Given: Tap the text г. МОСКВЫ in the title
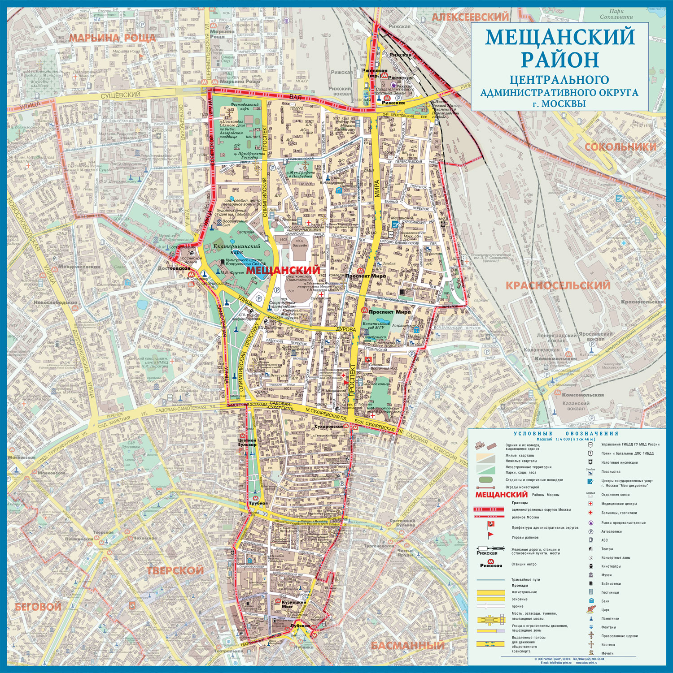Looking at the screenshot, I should click(559, 104).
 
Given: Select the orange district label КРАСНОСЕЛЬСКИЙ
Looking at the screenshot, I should click(558, 285).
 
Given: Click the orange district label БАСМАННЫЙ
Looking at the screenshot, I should click(407, 645).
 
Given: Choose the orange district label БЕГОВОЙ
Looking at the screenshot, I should click(38, 607).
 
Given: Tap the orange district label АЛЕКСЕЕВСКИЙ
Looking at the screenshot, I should click(471, 17).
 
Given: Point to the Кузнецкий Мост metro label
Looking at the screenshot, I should click(294, 604).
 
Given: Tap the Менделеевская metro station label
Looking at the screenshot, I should click(79, 267).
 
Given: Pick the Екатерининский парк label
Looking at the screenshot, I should click(237, 249).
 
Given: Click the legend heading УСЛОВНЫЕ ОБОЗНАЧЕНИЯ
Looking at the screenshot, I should click(566, 433).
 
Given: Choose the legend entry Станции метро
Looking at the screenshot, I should click(524, 564).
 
